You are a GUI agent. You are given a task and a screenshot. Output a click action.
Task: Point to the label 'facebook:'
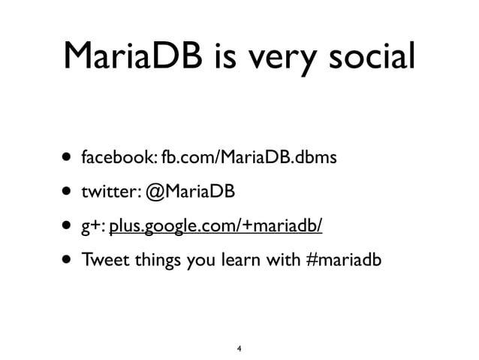(x=119, y=159)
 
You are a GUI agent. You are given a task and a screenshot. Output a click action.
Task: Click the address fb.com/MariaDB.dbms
(x=247, y=159)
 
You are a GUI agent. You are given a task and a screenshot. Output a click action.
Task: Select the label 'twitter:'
(x=110, y=192)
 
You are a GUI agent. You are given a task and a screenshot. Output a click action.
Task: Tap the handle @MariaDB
(x=191, y=192)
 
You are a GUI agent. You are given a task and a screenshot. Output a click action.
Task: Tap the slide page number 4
(x=239, y=349)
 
